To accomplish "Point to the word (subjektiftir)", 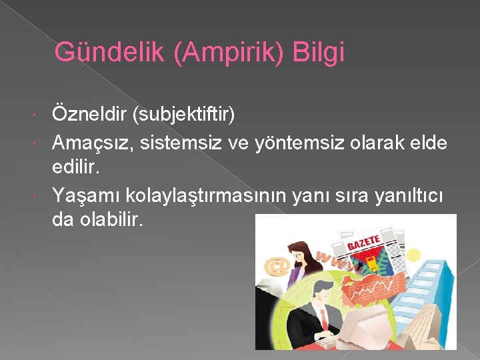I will pos(184,114).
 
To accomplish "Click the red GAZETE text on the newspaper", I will pos(363,241).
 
